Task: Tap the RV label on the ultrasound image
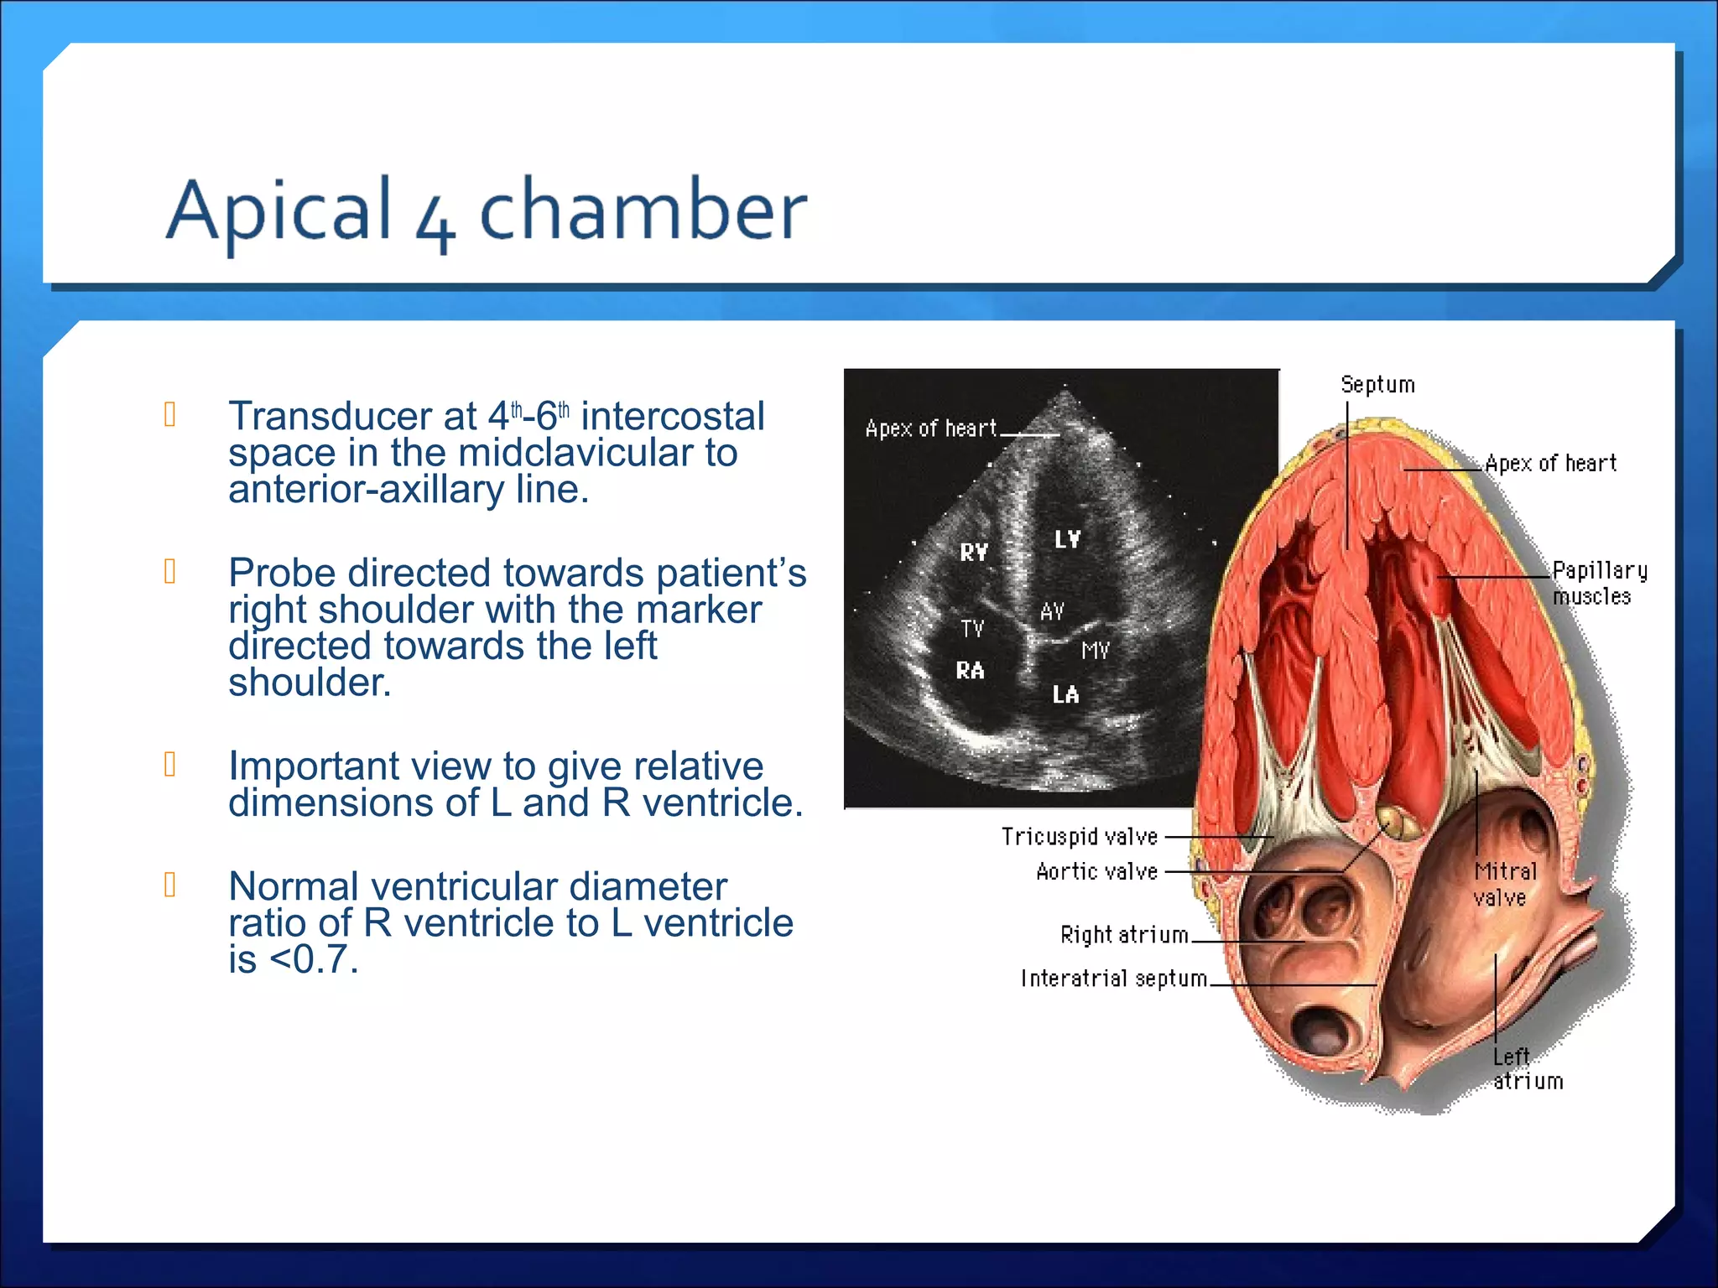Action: [974, 552]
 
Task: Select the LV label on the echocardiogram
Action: [1067, 539]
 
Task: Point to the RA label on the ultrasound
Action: [970, 670]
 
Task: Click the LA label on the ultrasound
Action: [1065, 694]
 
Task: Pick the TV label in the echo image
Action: [972, 629]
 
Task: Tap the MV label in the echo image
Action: [1095, 650]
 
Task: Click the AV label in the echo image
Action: [1052, 611]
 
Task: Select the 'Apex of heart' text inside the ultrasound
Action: [930, 428]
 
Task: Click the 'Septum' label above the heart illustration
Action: [1377, 385]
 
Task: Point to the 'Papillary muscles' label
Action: [1598, 583]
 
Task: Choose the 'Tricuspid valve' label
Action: [1079, 836]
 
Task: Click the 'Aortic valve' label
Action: [1096, 871]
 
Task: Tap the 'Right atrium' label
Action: [1124, 934]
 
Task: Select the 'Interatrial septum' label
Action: [1113, 978]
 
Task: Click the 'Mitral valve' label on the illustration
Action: [1505, 884]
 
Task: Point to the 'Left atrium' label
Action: [1527, 1068]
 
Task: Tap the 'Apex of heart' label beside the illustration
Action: [1550, 463]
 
